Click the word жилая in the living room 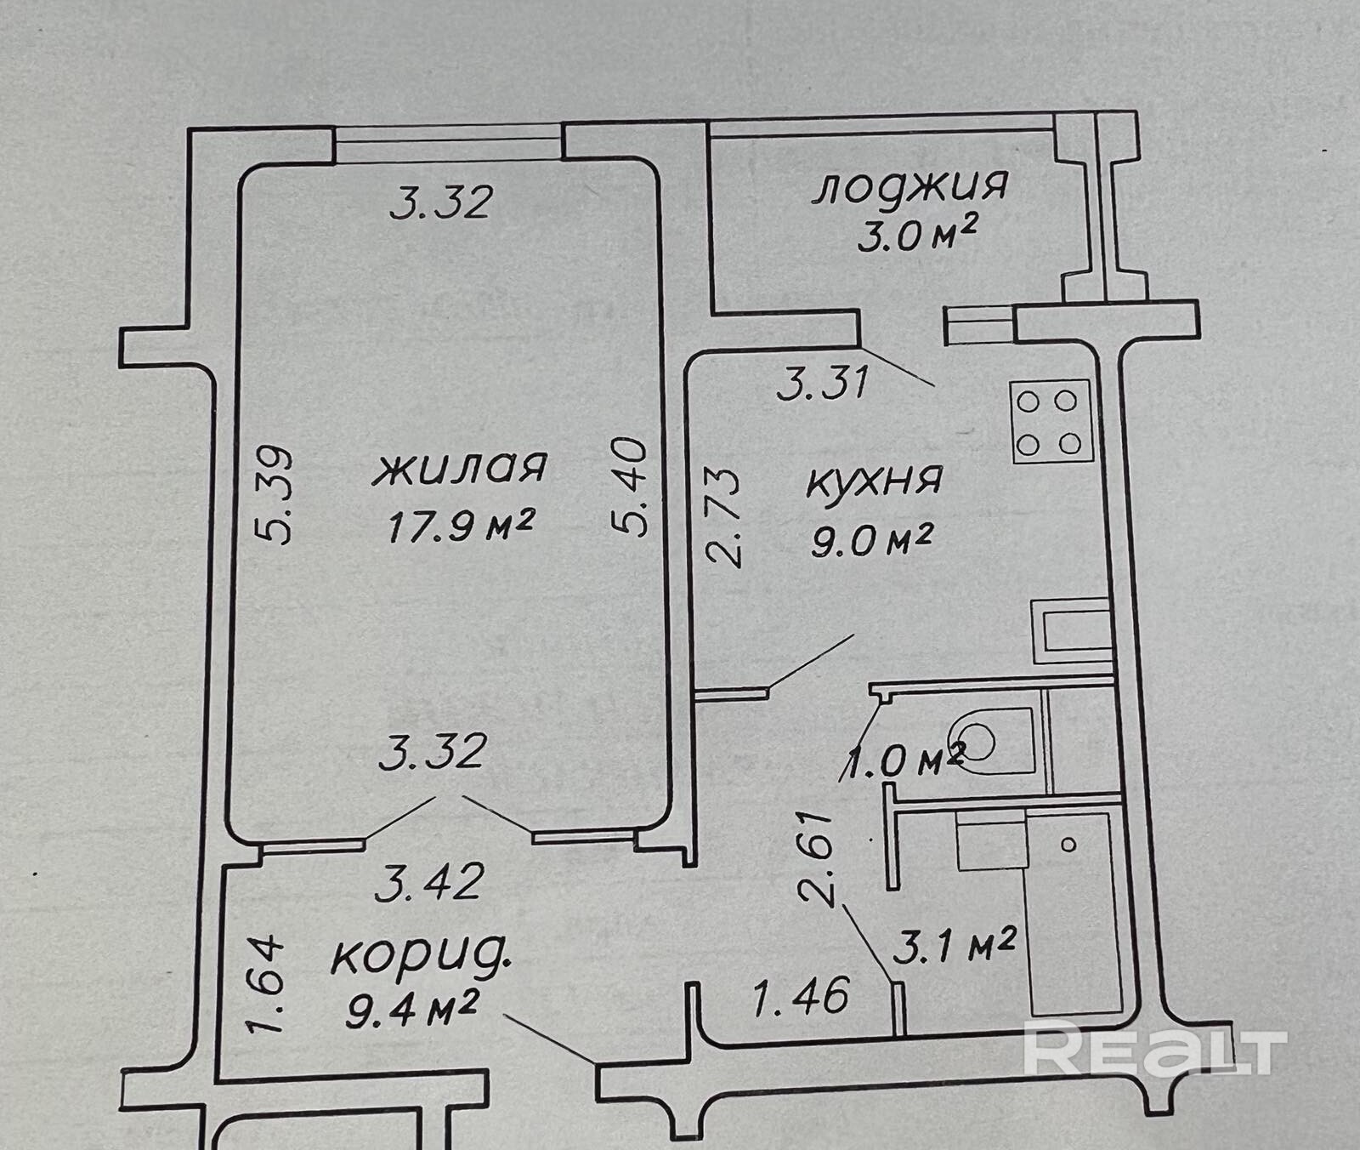pyautogui.click(x=460, y=469)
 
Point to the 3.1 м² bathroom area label pyautogui.click(x=953, y=946)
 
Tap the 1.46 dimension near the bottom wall pyautogui.click(x=802, y=996)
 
